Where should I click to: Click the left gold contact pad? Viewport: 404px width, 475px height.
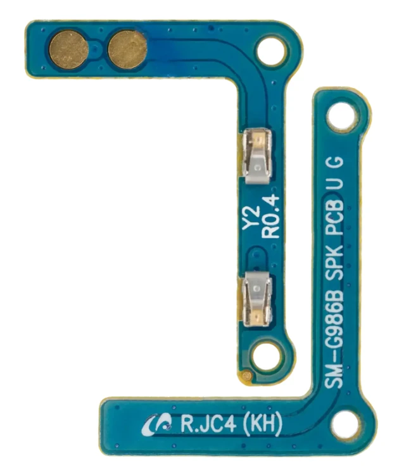(69, 49)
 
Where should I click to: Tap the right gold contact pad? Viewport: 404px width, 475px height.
(127, 49)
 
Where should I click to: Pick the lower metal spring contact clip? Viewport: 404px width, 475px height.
(258, 299)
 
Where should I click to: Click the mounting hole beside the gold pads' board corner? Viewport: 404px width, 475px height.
(272, 50)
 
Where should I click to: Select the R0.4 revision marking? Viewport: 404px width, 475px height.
(270, 216)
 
